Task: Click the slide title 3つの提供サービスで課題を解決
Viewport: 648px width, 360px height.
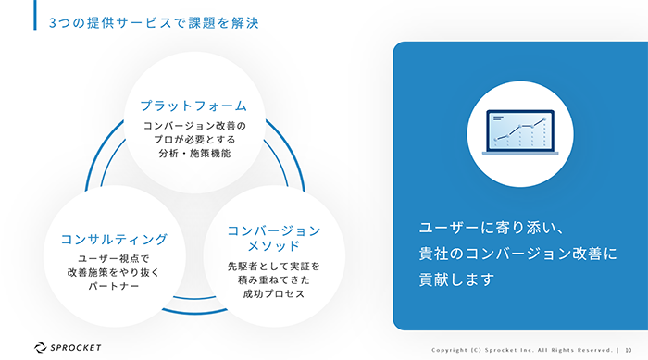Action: point(154,23)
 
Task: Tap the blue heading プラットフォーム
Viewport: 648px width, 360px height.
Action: point(193,106)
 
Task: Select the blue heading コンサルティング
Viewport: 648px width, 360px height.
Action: point(114,240)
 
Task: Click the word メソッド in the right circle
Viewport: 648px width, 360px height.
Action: point(274,246)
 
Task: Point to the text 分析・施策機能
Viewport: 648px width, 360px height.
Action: point(194,154)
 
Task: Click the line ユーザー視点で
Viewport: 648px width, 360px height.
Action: point(114,259)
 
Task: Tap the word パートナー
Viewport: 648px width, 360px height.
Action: point(114,287)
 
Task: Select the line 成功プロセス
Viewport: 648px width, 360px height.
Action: point(274,294)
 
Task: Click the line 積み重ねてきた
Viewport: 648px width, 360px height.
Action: point(274,280)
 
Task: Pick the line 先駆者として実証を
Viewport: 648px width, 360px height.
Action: point(274,267)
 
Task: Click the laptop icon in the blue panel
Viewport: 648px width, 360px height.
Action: point(520,132)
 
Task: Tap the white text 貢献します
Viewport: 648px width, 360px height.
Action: point(456,279)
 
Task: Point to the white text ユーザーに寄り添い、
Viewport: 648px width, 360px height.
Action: point(491,228)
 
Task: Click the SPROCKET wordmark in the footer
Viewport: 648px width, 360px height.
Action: point(76,348)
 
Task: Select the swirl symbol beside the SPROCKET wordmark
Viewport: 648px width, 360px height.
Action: point(40,348)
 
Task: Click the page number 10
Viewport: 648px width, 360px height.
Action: point(629,350)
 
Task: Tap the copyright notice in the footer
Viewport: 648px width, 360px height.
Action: point(522,350)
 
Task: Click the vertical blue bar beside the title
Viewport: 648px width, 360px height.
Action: point(35,15)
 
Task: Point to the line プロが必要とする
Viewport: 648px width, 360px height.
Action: point(194,140)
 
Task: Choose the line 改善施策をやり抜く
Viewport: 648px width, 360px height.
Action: point(114,273)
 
